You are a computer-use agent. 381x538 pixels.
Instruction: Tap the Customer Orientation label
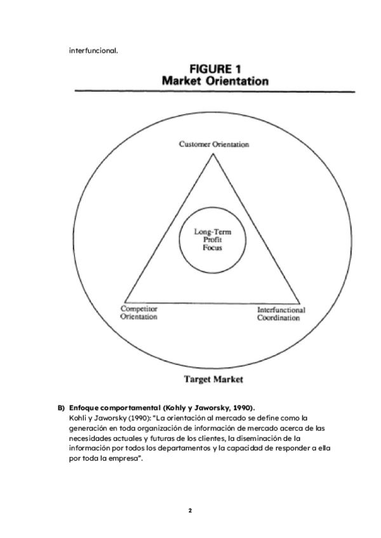213,145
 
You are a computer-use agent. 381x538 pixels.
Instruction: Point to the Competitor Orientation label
140,313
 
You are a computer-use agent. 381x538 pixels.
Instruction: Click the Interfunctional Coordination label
280,314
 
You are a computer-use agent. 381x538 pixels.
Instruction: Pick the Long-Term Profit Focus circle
212,240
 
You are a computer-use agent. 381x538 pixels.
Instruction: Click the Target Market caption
213,379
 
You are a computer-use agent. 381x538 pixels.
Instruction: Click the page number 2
190,509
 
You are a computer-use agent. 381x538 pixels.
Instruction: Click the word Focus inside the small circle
212,248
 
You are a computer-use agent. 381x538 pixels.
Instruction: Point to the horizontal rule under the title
213,91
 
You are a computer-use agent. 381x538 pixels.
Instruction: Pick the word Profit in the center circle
212,240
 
